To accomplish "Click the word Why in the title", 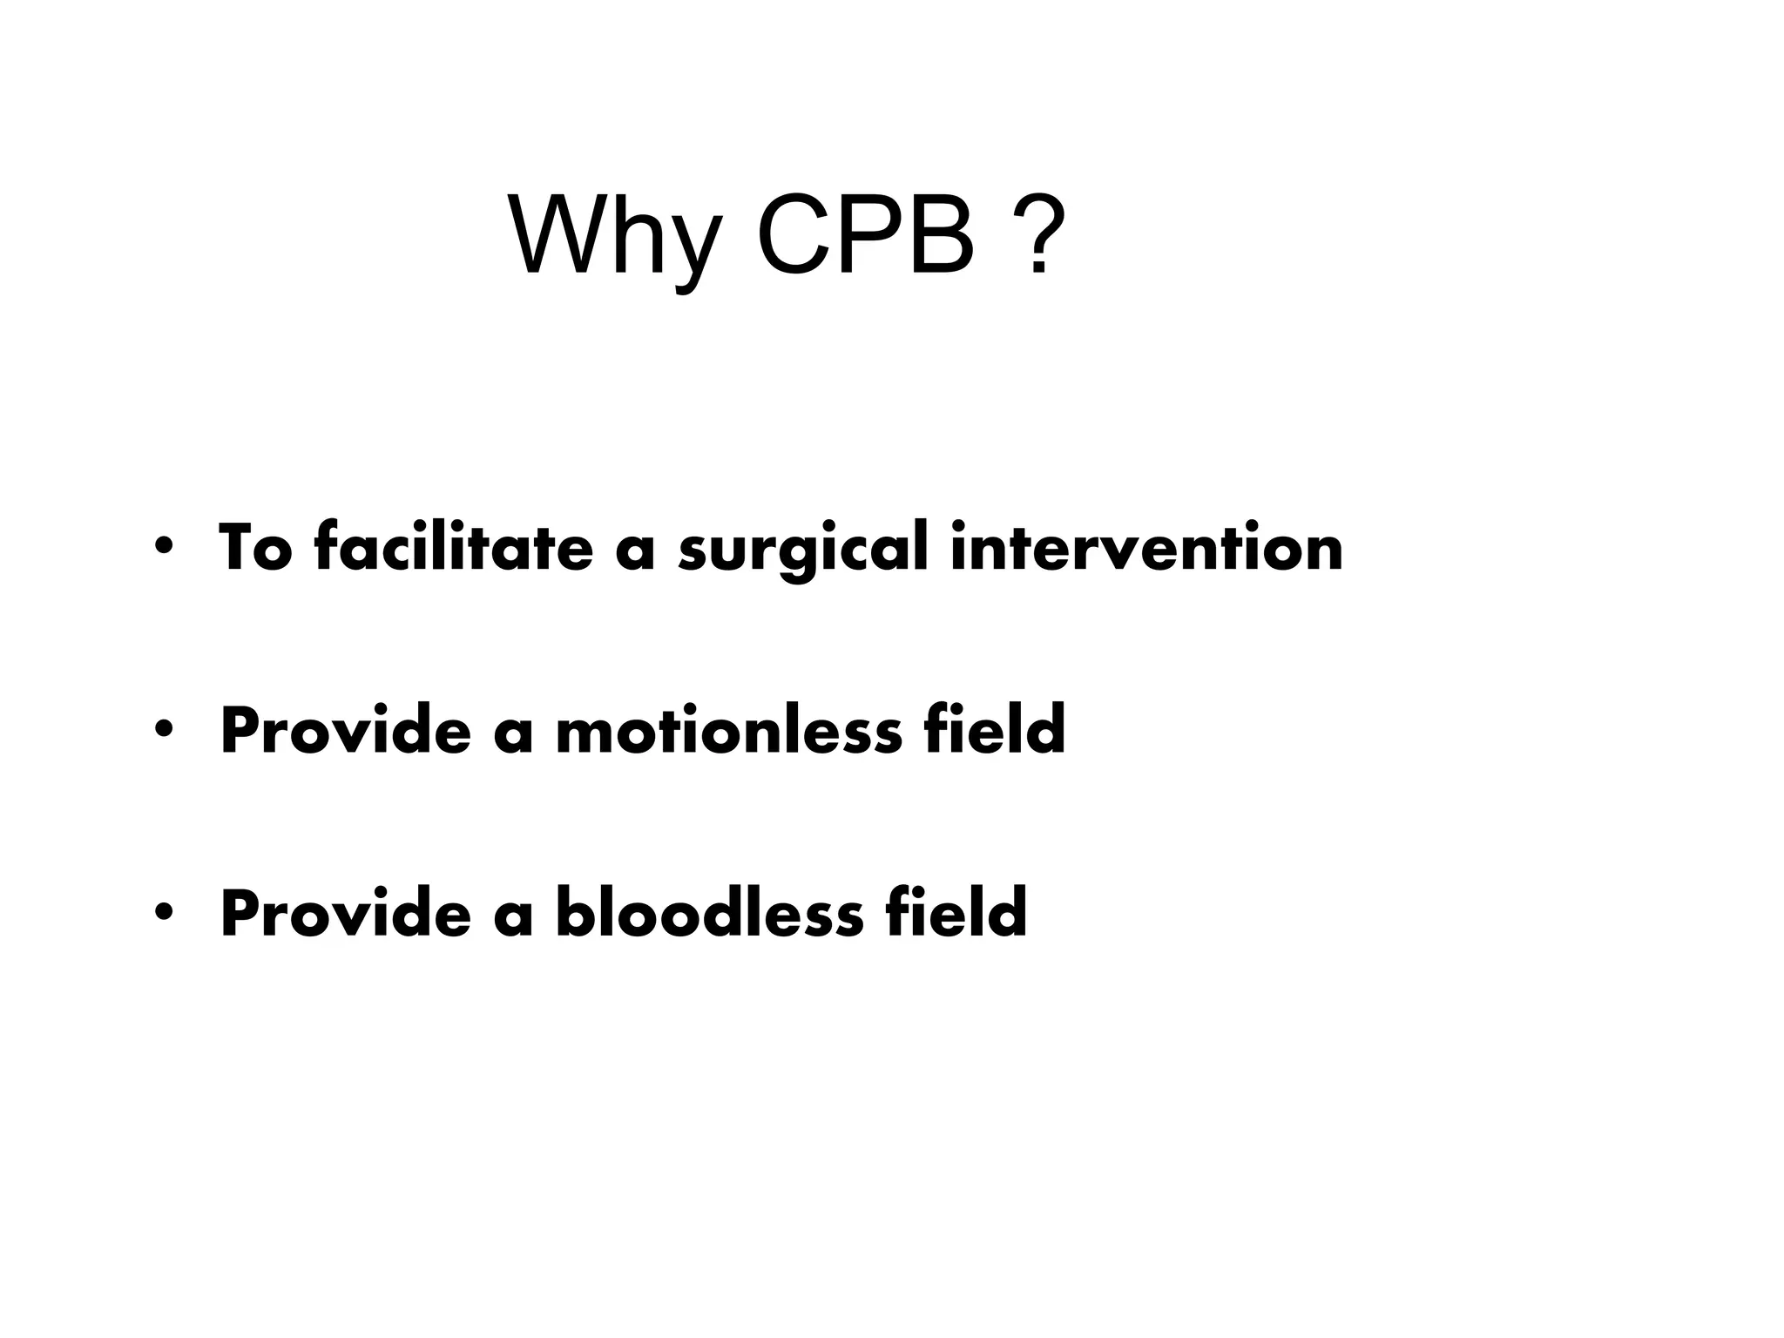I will coord(614,237).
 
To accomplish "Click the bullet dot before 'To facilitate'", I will coord(162,547).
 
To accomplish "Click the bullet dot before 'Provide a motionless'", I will coord(162,730).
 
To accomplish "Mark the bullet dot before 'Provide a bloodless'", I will coord(162,913).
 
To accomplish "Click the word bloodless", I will coord(709,913).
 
